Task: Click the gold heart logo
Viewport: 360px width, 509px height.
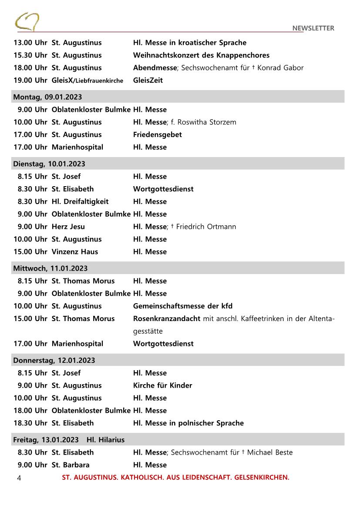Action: pos(27,21)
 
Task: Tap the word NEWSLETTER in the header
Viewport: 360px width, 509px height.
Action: pos(313,28)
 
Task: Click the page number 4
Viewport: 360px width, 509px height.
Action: pos(19,478)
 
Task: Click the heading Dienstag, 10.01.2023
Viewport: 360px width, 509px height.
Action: pos(49,164)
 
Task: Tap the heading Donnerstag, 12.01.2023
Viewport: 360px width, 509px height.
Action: pos(54,360)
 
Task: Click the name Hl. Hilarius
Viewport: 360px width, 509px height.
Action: pos(105,440)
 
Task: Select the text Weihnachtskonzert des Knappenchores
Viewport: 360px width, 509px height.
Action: pos(201,55)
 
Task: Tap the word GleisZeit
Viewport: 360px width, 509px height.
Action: pos(148,80)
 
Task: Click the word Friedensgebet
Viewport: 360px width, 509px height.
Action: pos(157,135)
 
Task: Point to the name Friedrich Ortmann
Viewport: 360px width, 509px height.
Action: pos(206,227)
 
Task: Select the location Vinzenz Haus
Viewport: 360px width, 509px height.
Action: pos(74,252)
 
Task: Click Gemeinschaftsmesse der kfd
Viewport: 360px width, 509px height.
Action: pos(182,306)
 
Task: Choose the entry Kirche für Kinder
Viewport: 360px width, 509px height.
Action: pos(162,385)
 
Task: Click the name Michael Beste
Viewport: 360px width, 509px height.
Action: pos(269,452)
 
